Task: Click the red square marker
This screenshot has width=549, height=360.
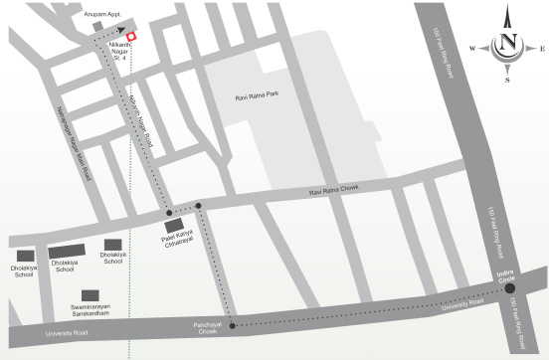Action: click(x=130, y=37)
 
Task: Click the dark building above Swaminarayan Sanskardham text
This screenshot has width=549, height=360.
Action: click(x=91, y=295)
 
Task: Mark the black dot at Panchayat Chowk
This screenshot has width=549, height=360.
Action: click(x=232, y=325)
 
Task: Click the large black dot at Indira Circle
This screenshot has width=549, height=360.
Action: click(x=509, y=289)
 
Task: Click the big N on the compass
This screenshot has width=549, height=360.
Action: click(x=507, y=43)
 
